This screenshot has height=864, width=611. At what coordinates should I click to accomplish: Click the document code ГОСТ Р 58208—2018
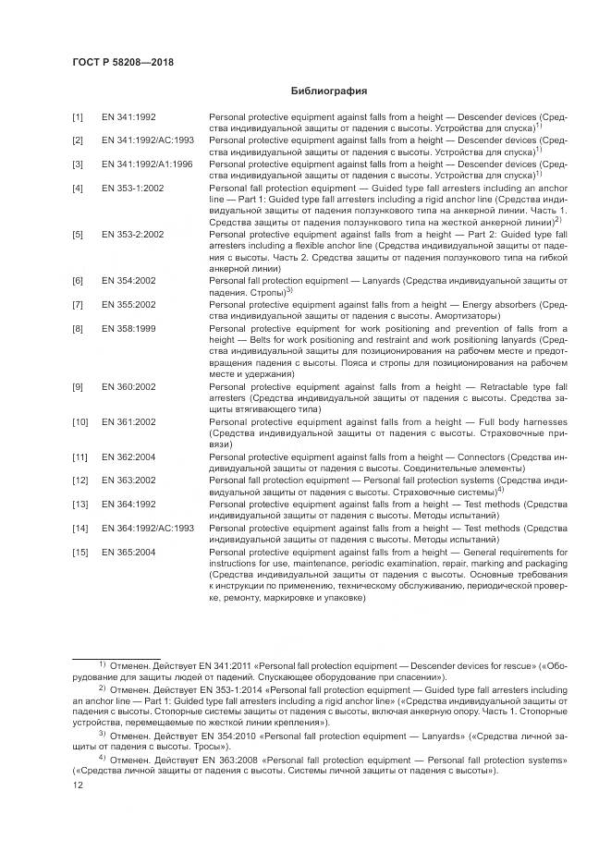pos(123,62)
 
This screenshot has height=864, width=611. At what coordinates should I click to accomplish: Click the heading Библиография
pos(330,92)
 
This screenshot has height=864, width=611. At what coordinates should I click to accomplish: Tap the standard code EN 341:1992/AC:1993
pos(147,140)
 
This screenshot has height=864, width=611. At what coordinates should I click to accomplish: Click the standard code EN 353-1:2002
pos(133,188)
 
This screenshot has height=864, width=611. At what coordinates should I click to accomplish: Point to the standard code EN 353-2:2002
pos(133,235)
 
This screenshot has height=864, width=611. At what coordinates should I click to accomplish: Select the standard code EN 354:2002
pos(128,280)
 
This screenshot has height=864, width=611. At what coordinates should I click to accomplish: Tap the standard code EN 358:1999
pos(128,328)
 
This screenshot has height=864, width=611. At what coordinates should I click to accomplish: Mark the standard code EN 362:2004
pos(128,456)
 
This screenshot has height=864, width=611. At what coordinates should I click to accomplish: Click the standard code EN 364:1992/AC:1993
pos(147,527)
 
